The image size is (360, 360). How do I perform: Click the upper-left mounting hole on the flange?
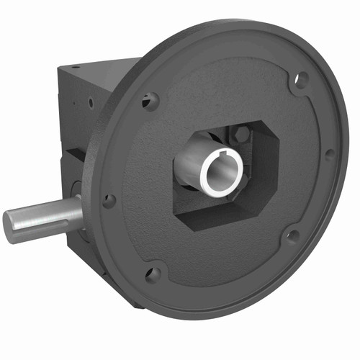[x=150, y=101]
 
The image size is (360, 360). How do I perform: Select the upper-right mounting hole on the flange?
[x=302, y=78]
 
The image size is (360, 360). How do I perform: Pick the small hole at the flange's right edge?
[x=330, y=153]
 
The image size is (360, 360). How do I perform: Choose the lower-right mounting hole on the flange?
[x=292, y=235]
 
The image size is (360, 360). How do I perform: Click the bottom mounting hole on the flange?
[x=153, y=274]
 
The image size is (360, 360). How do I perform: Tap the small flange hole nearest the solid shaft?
[x=109, y=201]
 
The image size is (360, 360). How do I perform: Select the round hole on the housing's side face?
[x=91, y=102]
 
